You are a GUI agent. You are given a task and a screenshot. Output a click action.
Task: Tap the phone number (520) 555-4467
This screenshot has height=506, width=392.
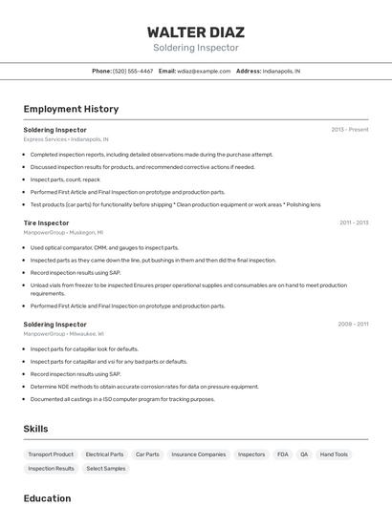coord(133,71)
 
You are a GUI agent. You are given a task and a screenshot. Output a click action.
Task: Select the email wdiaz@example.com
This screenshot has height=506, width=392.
coord(204,71)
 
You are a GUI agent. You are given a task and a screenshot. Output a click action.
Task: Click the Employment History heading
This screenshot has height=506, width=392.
coord(71,109)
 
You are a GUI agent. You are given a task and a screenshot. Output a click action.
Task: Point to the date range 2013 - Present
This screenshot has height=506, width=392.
coord(350,130)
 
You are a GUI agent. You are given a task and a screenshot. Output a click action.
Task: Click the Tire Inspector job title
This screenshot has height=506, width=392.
coord(46,223)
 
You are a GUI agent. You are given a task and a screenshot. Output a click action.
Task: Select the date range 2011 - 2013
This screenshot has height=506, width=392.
coord(354,223)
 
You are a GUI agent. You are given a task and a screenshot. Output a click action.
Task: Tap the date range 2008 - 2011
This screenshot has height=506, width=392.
coord(353,325)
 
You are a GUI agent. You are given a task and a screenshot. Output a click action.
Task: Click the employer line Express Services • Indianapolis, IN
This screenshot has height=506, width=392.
coord(66,139)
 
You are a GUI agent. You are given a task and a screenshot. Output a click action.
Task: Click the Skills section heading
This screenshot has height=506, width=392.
coord(35,429)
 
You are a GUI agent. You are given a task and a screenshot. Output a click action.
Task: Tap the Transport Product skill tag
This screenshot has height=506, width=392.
coord(51,454)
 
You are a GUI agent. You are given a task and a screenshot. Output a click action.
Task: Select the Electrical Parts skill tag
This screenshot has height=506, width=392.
coord(104,454)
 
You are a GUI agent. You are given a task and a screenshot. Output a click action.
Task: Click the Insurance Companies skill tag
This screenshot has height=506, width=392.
coord(199,454)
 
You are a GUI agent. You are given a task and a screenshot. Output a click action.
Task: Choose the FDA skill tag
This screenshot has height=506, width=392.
coord(283,454)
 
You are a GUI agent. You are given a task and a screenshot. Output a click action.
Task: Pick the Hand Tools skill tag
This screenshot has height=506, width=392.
coord(334,454)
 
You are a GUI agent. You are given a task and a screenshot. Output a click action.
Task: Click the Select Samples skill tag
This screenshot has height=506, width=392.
coord(105,469)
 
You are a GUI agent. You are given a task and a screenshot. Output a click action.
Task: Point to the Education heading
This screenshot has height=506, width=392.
coord(47,497)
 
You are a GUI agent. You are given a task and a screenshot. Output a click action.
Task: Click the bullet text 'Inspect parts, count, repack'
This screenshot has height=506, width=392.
coord(65,179)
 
